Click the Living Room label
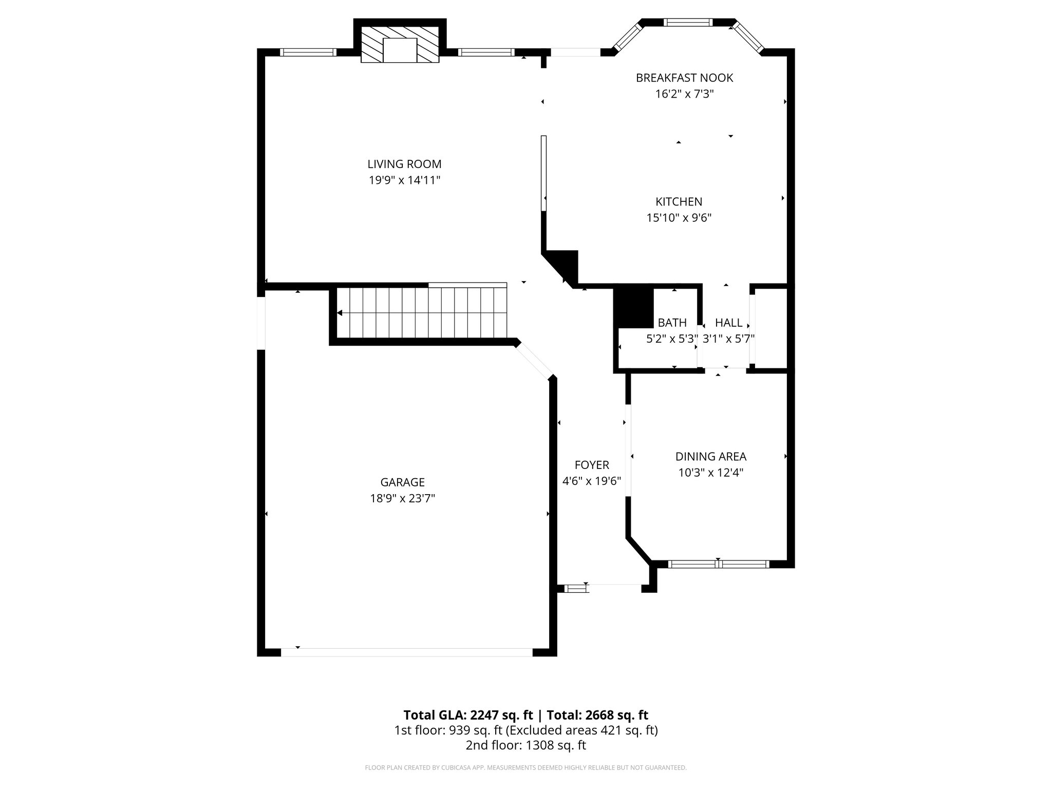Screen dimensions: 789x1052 (x=404, y=164)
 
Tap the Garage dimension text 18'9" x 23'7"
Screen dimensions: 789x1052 (x=402, y=498)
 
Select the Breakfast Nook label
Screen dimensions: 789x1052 (x=684, y=78)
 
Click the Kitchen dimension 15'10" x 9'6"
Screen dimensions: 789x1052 (x=679, y=218)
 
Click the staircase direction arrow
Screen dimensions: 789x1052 (x=340, y=313)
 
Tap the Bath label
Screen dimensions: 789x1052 (x=672, y=323)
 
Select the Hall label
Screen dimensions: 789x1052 (x=728, y=323)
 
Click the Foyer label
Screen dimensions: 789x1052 (x=592, y=465)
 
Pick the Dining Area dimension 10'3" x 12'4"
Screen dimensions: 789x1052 (x=710, y=473)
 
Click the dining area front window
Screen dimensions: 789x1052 (x=719, y=564)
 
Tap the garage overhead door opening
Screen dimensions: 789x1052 (x=406, y=652)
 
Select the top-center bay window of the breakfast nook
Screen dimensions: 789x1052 (x=688, y=22)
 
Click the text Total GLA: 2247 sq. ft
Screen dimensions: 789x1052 (x=468, y=715)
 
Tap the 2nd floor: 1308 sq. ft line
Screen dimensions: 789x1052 (x=525, y=745)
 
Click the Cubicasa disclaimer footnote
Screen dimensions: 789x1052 (x=525, y=767)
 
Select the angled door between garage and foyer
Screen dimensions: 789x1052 (x=535, y=361)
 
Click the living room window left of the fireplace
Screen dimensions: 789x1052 (x=308, y=52)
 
